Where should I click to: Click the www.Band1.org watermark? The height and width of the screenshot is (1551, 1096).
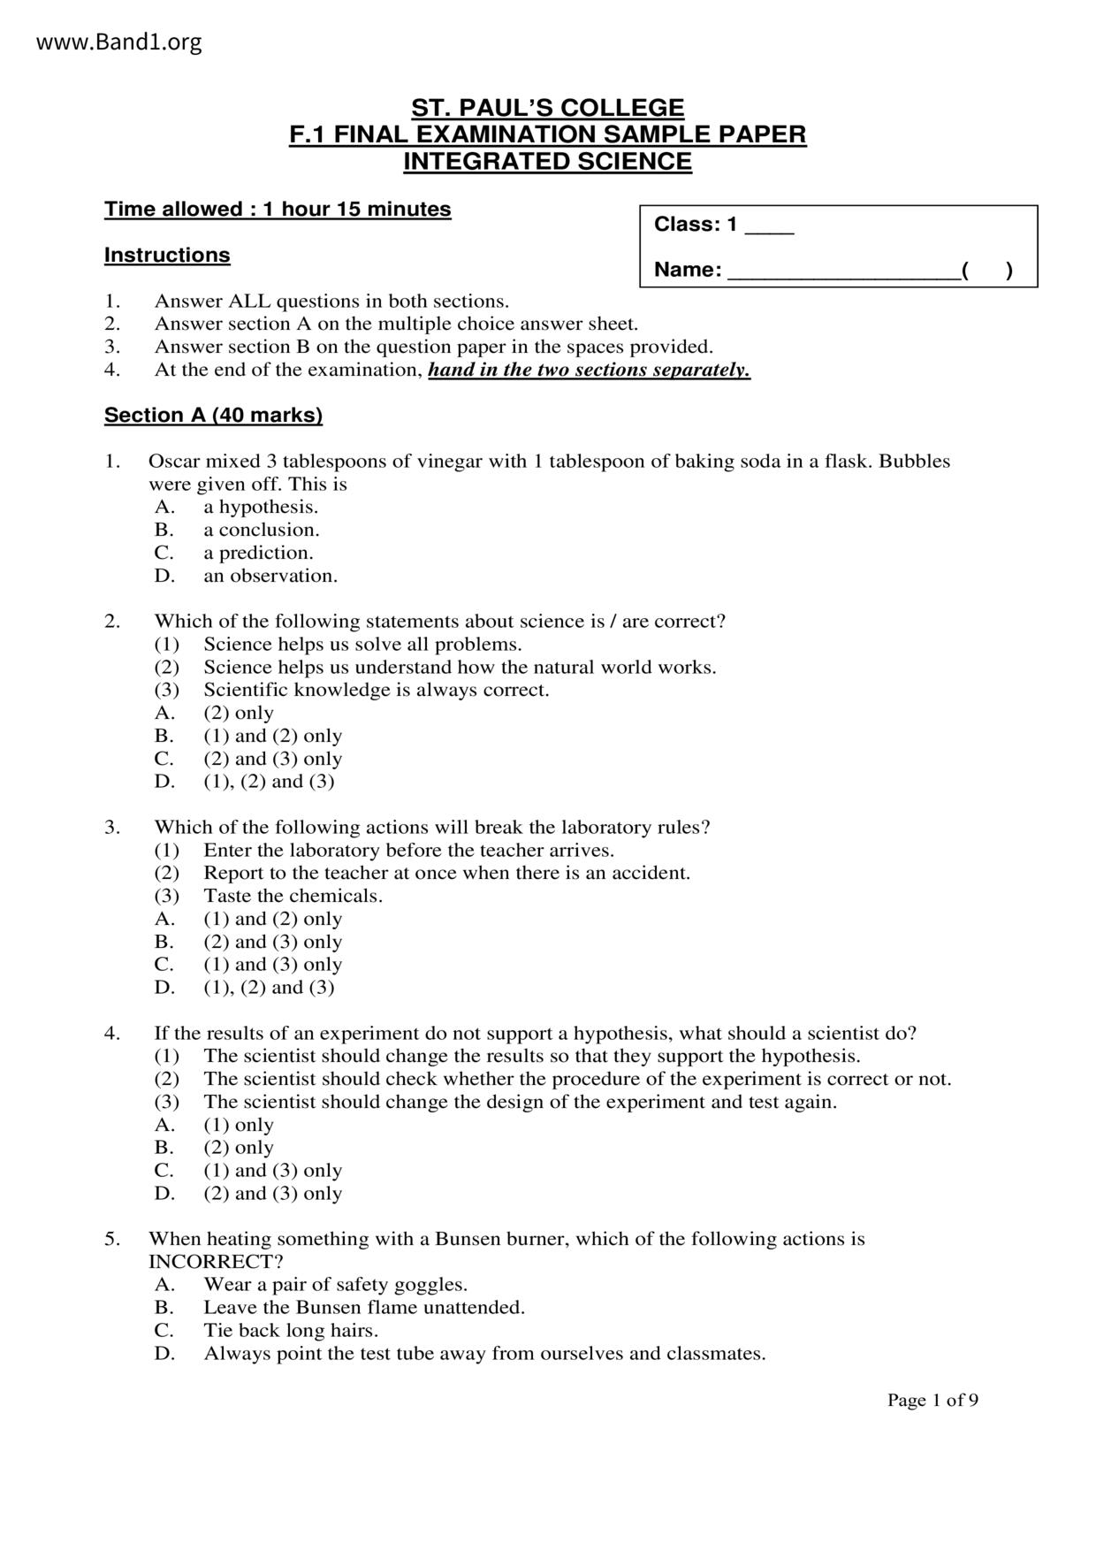point(119,42)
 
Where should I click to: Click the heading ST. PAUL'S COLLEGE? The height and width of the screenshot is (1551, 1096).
point(547,108)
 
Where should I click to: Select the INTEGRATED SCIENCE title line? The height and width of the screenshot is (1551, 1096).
point(547,162)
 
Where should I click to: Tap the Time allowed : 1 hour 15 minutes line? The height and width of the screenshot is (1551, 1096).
point(278,210)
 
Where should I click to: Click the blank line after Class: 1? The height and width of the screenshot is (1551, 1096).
point(770,227)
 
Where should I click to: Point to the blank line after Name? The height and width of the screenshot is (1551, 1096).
point(843,271)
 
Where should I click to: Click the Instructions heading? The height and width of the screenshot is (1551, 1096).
point(167,256)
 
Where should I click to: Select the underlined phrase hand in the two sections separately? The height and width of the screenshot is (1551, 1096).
point(589,371)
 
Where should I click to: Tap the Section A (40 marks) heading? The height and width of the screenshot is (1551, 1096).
point(213,416)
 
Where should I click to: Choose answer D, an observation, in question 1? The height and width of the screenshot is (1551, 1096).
point(270,577)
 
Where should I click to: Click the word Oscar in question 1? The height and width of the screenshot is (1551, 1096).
point(174,462)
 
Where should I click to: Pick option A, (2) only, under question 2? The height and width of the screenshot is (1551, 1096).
point(239,714)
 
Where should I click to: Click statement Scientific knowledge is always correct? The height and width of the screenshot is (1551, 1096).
point(377,691)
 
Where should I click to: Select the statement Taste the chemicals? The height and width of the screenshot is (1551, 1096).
point(293,897)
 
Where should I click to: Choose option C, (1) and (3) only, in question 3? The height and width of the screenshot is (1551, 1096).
point(272,965)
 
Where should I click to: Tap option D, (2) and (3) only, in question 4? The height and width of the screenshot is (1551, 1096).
point(272,1194)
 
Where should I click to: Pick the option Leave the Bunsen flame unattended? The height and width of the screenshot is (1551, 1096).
point(364,1308)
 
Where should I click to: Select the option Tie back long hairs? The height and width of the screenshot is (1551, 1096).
point(291,1331)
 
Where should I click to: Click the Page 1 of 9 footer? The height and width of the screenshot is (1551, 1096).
point(932,1401)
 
